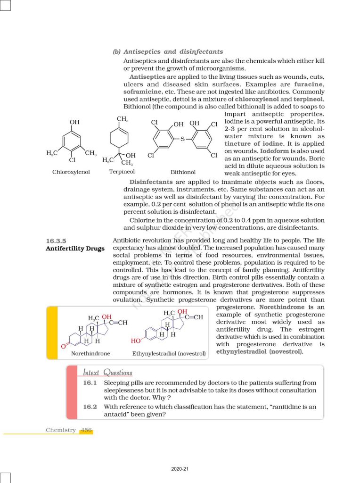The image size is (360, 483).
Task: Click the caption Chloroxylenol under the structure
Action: coord(71,172)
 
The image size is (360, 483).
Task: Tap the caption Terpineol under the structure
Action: coord(122,172)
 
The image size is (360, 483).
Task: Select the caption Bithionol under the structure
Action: coord(183,172)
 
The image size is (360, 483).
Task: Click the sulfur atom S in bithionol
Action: coord(182,139)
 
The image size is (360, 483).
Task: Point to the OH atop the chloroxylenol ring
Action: coord(74,122)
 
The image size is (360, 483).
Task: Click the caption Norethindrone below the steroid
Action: coord(90,353)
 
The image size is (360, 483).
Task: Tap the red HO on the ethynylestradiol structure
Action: coord(136,340)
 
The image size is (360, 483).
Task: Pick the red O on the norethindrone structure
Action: coord(63,347)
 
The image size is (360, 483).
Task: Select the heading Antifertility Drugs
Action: coord(75,249)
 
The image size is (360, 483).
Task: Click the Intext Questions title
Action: coord(107,373)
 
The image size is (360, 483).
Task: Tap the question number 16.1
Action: coord(90,383)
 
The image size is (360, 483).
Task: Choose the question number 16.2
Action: coord(90,407)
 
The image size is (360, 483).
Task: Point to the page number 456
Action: coord(86,430)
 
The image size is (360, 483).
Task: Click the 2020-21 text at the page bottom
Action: coord(180,469)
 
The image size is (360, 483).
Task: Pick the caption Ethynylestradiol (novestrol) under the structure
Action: coord(170,353)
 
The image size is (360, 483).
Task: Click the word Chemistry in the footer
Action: coord(61,430)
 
